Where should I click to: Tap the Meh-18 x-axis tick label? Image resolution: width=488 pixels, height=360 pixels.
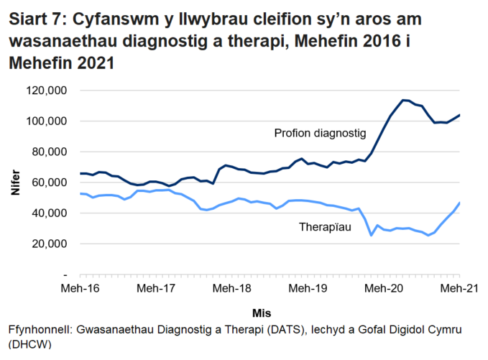coord(231,288)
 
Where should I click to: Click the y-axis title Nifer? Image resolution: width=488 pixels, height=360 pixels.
coord(15,183)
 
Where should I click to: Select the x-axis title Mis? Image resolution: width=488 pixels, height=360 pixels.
coord(262,313)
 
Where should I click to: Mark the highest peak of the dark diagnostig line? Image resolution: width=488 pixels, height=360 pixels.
coord(403,100)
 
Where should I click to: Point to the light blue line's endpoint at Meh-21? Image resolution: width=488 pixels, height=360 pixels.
coord(459,203)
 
